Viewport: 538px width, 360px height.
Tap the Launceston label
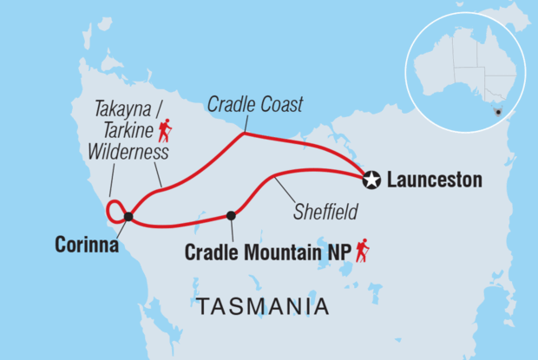coord(433,180)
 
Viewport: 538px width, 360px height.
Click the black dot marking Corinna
coord(128,217)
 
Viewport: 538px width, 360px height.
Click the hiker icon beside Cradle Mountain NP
coord(362,251)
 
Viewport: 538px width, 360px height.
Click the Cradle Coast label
coord(256,106)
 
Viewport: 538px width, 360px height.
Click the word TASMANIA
coord(263,306)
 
